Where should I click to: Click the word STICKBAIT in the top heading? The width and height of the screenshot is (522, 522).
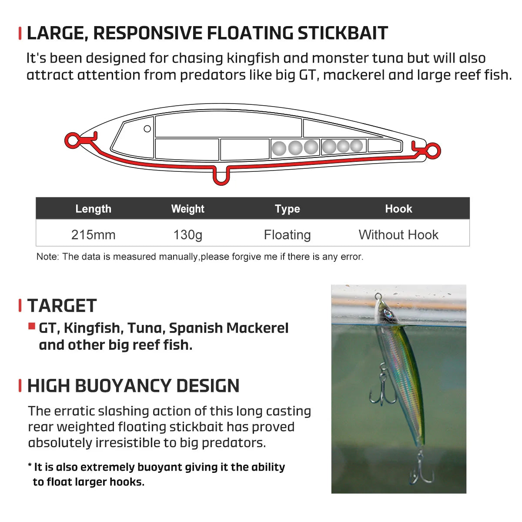342,33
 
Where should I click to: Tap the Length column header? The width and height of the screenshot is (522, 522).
93,209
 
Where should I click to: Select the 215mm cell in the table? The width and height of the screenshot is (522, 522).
93,235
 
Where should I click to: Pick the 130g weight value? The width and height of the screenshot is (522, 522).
187,235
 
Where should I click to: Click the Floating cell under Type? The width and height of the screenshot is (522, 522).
287,235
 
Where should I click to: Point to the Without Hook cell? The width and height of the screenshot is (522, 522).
398,235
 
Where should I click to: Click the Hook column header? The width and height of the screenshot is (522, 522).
398,209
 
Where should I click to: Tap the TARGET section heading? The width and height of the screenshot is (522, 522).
62,306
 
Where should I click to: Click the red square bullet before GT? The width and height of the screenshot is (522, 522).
32,326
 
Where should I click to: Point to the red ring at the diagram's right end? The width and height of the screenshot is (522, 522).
433,151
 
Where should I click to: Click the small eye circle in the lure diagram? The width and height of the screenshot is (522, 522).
147,129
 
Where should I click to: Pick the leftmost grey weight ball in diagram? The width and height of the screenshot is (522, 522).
279,149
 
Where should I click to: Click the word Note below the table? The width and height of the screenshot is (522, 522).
47,257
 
